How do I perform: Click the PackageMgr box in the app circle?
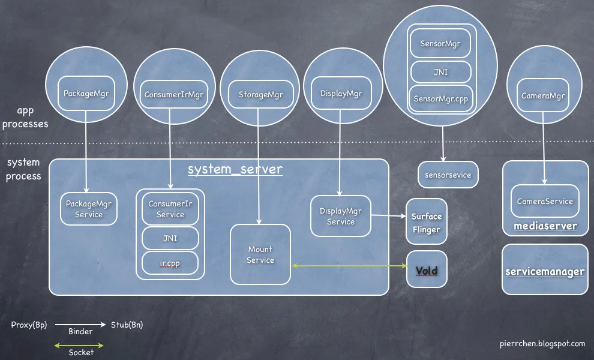(x=85, y=93)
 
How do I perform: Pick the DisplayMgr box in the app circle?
(x=341, y=94)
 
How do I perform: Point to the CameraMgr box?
(x=543, y=95)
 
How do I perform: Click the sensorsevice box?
(x=448, y=175)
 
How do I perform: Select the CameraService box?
(x=545, y=202)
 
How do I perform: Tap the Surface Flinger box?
(x=427, y=223)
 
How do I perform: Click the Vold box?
(x=427, y=271)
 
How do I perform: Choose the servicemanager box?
(x=545, y=271)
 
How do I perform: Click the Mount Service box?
(x=260, y=254)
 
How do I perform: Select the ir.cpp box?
(x=170, y=262)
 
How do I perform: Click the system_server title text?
(x=235, y=169)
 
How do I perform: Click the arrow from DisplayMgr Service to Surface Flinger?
(x=388, y=215)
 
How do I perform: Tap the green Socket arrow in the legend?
(x=79, y=345)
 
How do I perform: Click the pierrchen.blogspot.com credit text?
(x=542, y=344)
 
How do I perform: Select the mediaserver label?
(x=545, y=226)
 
